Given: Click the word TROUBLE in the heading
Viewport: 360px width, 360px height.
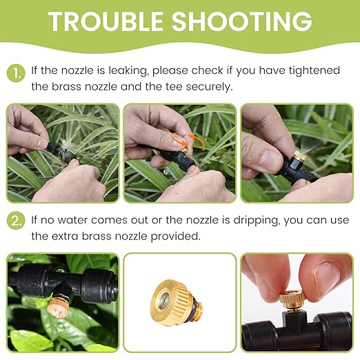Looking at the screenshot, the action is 106,21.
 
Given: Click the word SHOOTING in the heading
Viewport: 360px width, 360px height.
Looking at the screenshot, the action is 242,21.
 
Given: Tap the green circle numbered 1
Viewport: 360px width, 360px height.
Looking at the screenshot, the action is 16,73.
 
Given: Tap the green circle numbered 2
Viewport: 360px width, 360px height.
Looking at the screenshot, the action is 16,221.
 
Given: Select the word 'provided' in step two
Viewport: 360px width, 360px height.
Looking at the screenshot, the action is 176,237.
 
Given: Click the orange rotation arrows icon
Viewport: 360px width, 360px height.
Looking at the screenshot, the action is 188,141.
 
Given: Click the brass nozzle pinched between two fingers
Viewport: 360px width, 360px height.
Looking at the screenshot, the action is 292,299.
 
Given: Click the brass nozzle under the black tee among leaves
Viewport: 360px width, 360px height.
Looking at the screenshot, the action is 57,308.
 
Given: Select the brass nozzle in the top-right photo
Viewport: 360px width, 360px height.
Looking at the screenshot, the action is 301,157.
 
